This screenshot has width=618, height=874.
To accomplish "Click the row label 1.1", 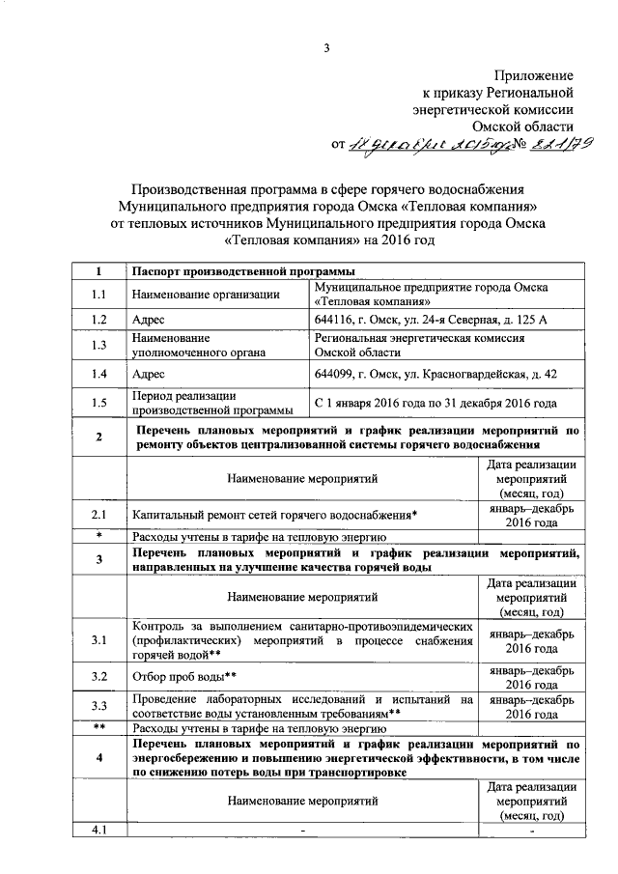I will coord(98,294).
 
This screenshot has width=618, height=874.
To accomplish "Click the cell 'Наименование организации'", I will coord(207,294).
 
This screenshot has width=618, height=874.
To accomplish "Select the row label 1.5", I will coord(98,404).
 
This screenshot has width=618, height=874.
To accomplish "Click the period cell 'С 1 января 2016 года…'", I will coord(435,404).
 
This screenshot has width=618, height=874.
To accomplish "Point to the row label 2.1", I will coord(98,516).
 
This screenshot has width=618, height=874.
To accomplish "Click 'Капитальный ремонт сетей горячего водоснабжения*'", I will coord(275,516).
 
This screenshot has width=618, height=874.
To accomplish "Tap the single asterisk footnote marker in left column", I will coord(98,535).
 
